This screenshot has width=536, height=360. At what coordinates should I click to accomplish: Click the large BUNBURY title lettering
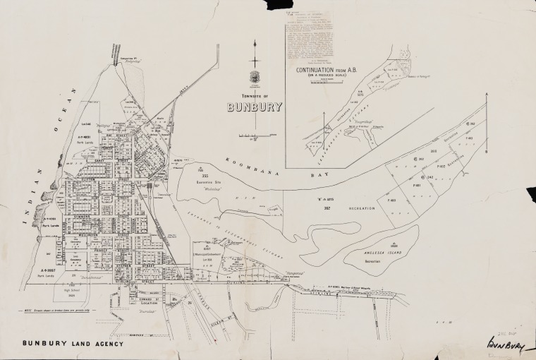[x=254, y=108]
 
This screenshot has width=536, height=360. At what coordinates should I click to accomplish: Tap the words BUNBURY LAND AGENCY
[x=73, y=344]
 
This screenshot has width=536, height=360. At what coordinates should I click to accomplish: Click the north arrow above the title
[x=255, y=53]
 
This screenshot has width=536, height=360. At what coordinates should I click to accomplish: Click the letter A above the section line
[x=487, y=95]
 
